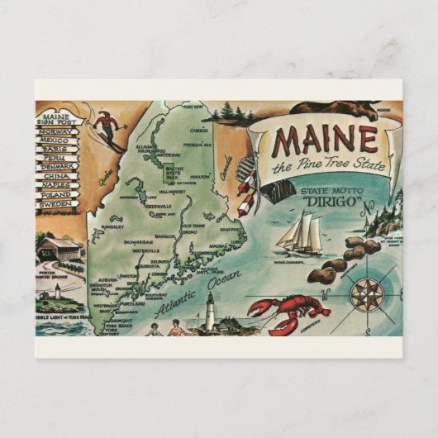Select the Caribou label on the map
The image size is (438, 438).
[x=200, y=130]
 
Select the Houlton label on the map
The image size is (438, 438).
[x=201, y=176]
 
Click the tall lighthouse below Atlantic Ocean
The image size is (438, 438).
[x=212, y=313]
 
